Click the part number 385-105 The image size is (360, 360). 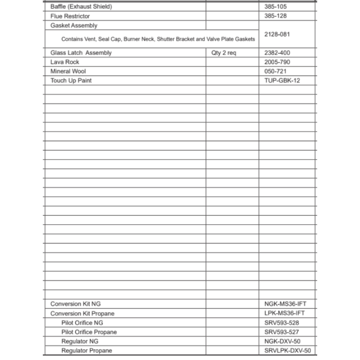tap(275, 7)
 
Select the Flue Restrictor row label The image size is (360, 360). tap(70, 16)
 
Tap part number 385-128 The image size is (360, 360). tap(275, 16)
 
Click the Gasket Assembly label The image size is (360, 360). tap(74, 26)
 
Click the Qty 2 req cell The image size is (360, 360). tap(224, 53)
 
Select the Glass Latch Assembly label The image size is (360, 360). tap(81, 53)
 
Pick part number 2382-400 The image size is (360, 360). tap(277, 53)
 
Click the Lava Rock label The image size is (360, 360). tap(65, 62)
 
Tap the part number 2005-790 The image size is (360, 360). tap(277, 62)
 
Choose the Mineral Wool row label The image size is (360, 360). tap(68, 71)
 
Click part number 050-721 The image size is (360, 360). tap(275, 71)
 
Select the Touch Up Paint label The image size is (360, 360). tap(71, 81)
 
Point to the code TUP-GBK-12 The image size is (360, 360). tap(282, 81)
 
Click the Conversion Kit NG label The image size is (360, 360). tap(76, 304)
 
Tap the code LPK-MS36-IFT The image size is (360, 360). tap(284, 313)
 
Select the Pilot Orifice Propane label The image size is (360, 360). tap(89, 332)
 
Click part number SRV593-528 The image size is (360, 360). tap(282, 323)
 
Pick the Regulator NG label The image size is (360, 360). tap(80, 341)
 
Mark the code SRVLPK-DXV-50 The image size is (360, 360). tap(287, 351)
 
